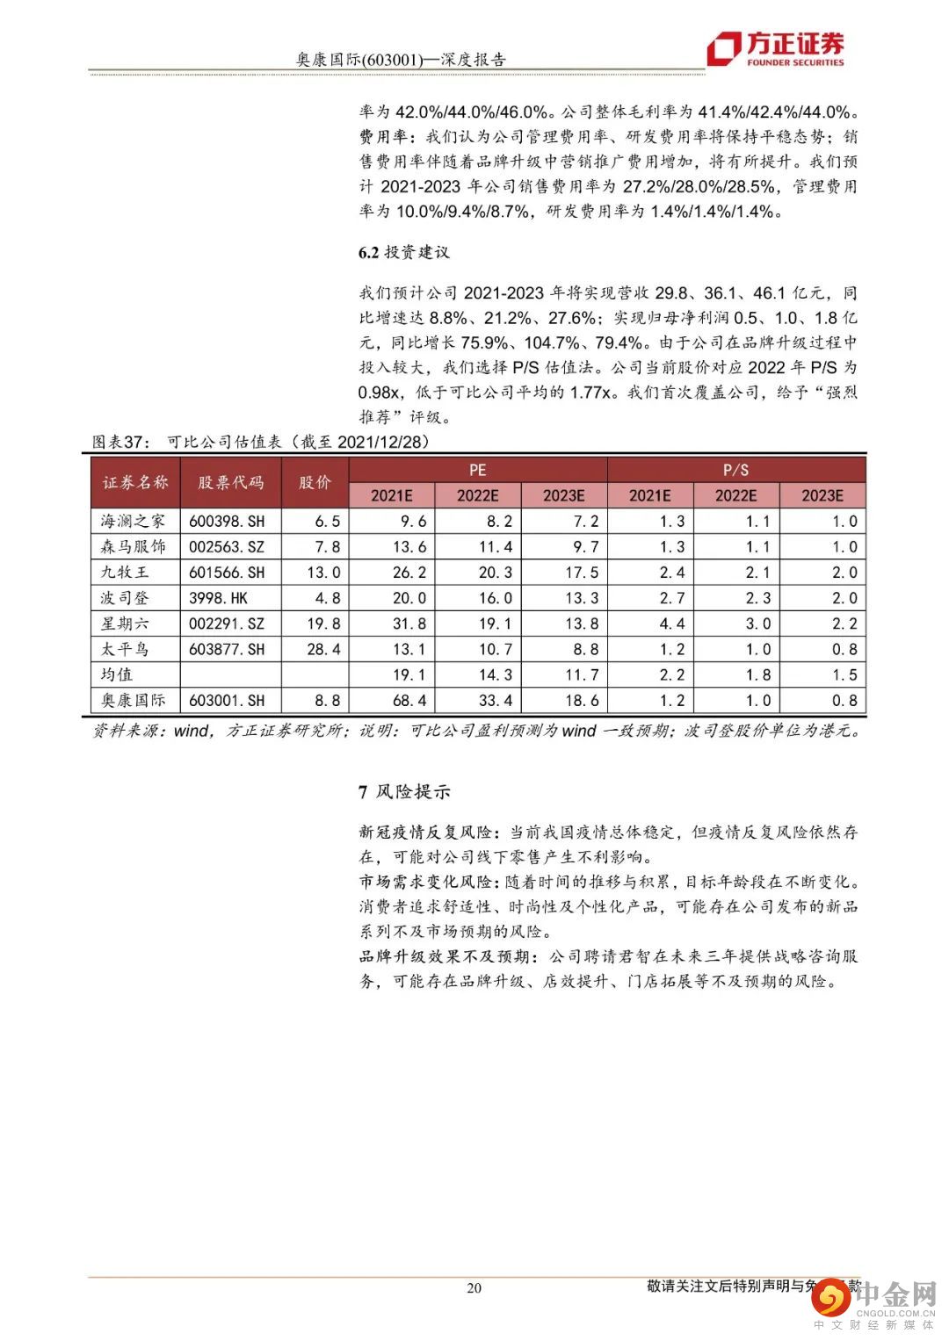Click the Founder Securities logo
point(776,49)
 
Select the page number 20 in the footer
point(474,1288)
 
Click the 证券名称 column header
point(135,482)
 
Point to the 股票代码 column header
point(230,482)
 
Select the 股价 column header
point(315,482)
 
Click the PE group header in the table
point(477,470)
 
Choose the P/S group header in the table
point(735,470)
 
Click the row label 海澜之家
point(133,522)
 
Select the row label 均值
point(117,675)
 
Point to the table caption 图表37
point(122,442)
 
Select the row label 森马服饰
point(133,547)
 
